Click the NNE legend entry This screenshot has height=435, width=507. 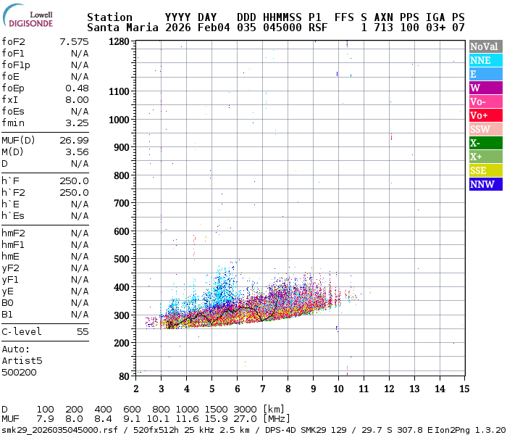tap(485, 60)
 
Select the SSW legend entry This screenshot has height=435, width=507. tap(485, 129)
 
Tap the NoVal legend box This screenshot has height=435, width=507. tap(485, 46)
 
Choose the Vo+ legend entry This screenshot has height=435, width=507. tap(485, 115)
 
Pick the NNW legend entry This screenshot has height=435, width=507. tap(485, 184)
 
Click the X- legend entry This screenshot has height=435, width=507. tap(485, 143)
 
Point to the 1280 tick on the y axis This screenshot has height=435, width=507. tap(119, 41)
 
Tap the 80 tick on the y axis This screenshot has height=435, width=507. tap(124, 376)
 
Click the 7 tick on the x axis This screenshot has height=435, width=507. tap(262, 388)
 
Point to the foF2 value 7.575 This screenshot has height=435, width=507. tap(75, 41)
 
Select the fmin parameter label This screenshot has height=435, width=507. tap(13, 123)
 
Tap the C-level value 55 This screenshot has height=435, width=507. tap(83, 331)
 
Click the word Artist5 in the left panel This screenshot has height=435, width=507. tap(22, 360)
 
